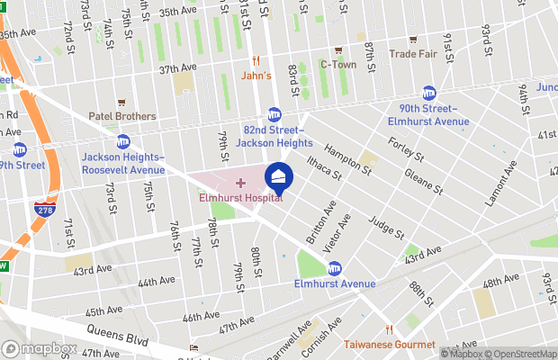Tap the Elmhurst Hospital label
pyautogui.click(x=240, y=199)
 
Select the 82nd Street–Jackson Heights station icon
pyautogui.click(x=274, y=114)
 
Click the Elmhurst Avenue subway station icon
pyautogui.click(x=335, y=267)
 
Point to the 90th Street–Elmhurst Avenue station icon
pyautogui.click(x=430, y=94)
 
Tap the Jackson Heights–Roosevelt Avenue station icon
pyautogui.click(x=123, y=142)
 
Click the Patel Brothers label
pyautogui.click(x=121, y=116)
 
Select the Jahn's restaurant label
pyautogui.click(x=256, y=76)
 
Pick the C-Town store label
pyautogui.click(x=338, y=65)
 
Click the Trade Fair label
pyautogui.click(x=413, y=53)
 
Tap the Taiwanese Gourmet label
pyautogui.click(x=389, y=344)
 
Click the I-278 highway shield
pyautogui.click(x=43, y=214)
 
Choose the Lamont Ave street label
pyautogui.click(x=501, y=184)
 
